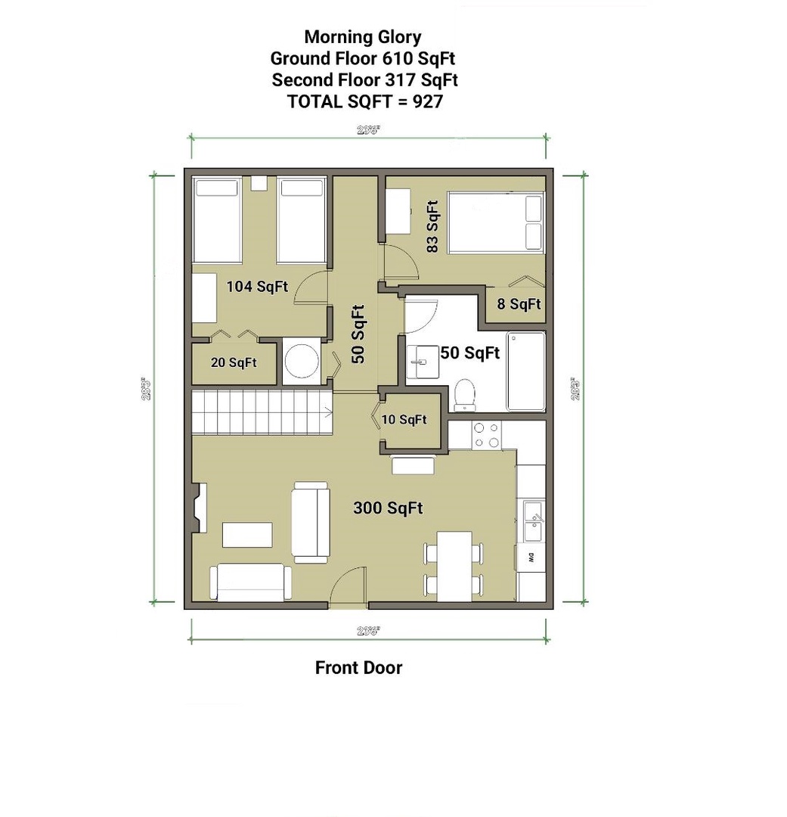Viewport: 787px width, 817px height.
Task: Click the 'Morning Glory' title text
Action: tap(363, 37)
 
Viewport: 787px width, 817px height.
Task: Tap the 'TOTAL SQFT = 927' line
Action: tap(364, 101)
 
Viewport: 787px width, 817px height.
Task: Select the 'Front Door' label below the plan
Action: tap(358, 668)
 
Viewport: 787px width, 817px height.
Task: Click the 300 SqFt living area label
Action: tap(388, 508)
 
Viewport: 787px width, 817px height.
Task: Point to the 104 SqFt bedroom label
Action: tap(257, 287)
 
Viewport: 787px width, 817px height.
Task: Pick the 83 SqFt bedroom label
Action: tap(432, 226)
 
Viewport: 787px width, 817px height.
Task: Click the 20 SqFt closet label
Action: tap(234, 363)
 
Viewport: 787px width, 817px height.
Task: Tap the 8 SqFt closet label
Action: tap(519, 305)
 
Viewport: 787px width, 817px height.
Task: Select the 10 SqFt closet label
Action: tap(404, 420)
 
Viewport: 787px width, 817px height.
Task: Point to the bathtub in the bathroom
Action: tap(525, 371)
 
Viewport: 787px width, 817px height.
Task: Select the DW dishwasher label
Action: tap(531, 559)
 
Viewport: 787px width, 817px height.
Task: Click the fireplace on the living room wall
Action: tap(199, 508)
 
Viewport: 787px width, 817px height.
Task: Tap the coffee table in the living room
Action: tap(247, 535)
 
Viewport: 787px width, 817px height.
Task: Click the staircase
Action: tap(261, 412)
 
